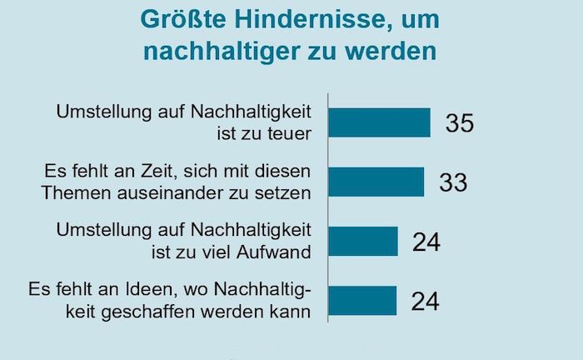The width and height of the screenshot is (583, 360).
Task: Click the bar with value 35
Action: click(379, 122)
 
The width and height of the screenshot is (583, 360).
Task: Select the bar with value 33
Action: click(376, 182)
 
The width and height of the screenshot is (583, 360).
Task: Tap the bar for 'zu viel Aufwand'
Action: click(362, 241)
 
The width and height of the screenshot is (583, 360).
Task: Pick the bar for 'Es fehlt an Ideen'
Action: click(362, 300)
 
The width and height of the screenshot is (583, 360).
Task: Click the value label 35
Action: click(459, 123)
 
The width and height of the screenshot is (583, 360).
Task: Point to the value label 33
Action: click(454, 182)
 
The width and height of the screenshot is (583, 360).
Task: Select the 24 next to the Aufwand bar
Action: click(425, 242)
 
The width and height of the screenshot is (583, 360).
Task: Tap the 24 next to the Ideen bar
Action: click(425, 301)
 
